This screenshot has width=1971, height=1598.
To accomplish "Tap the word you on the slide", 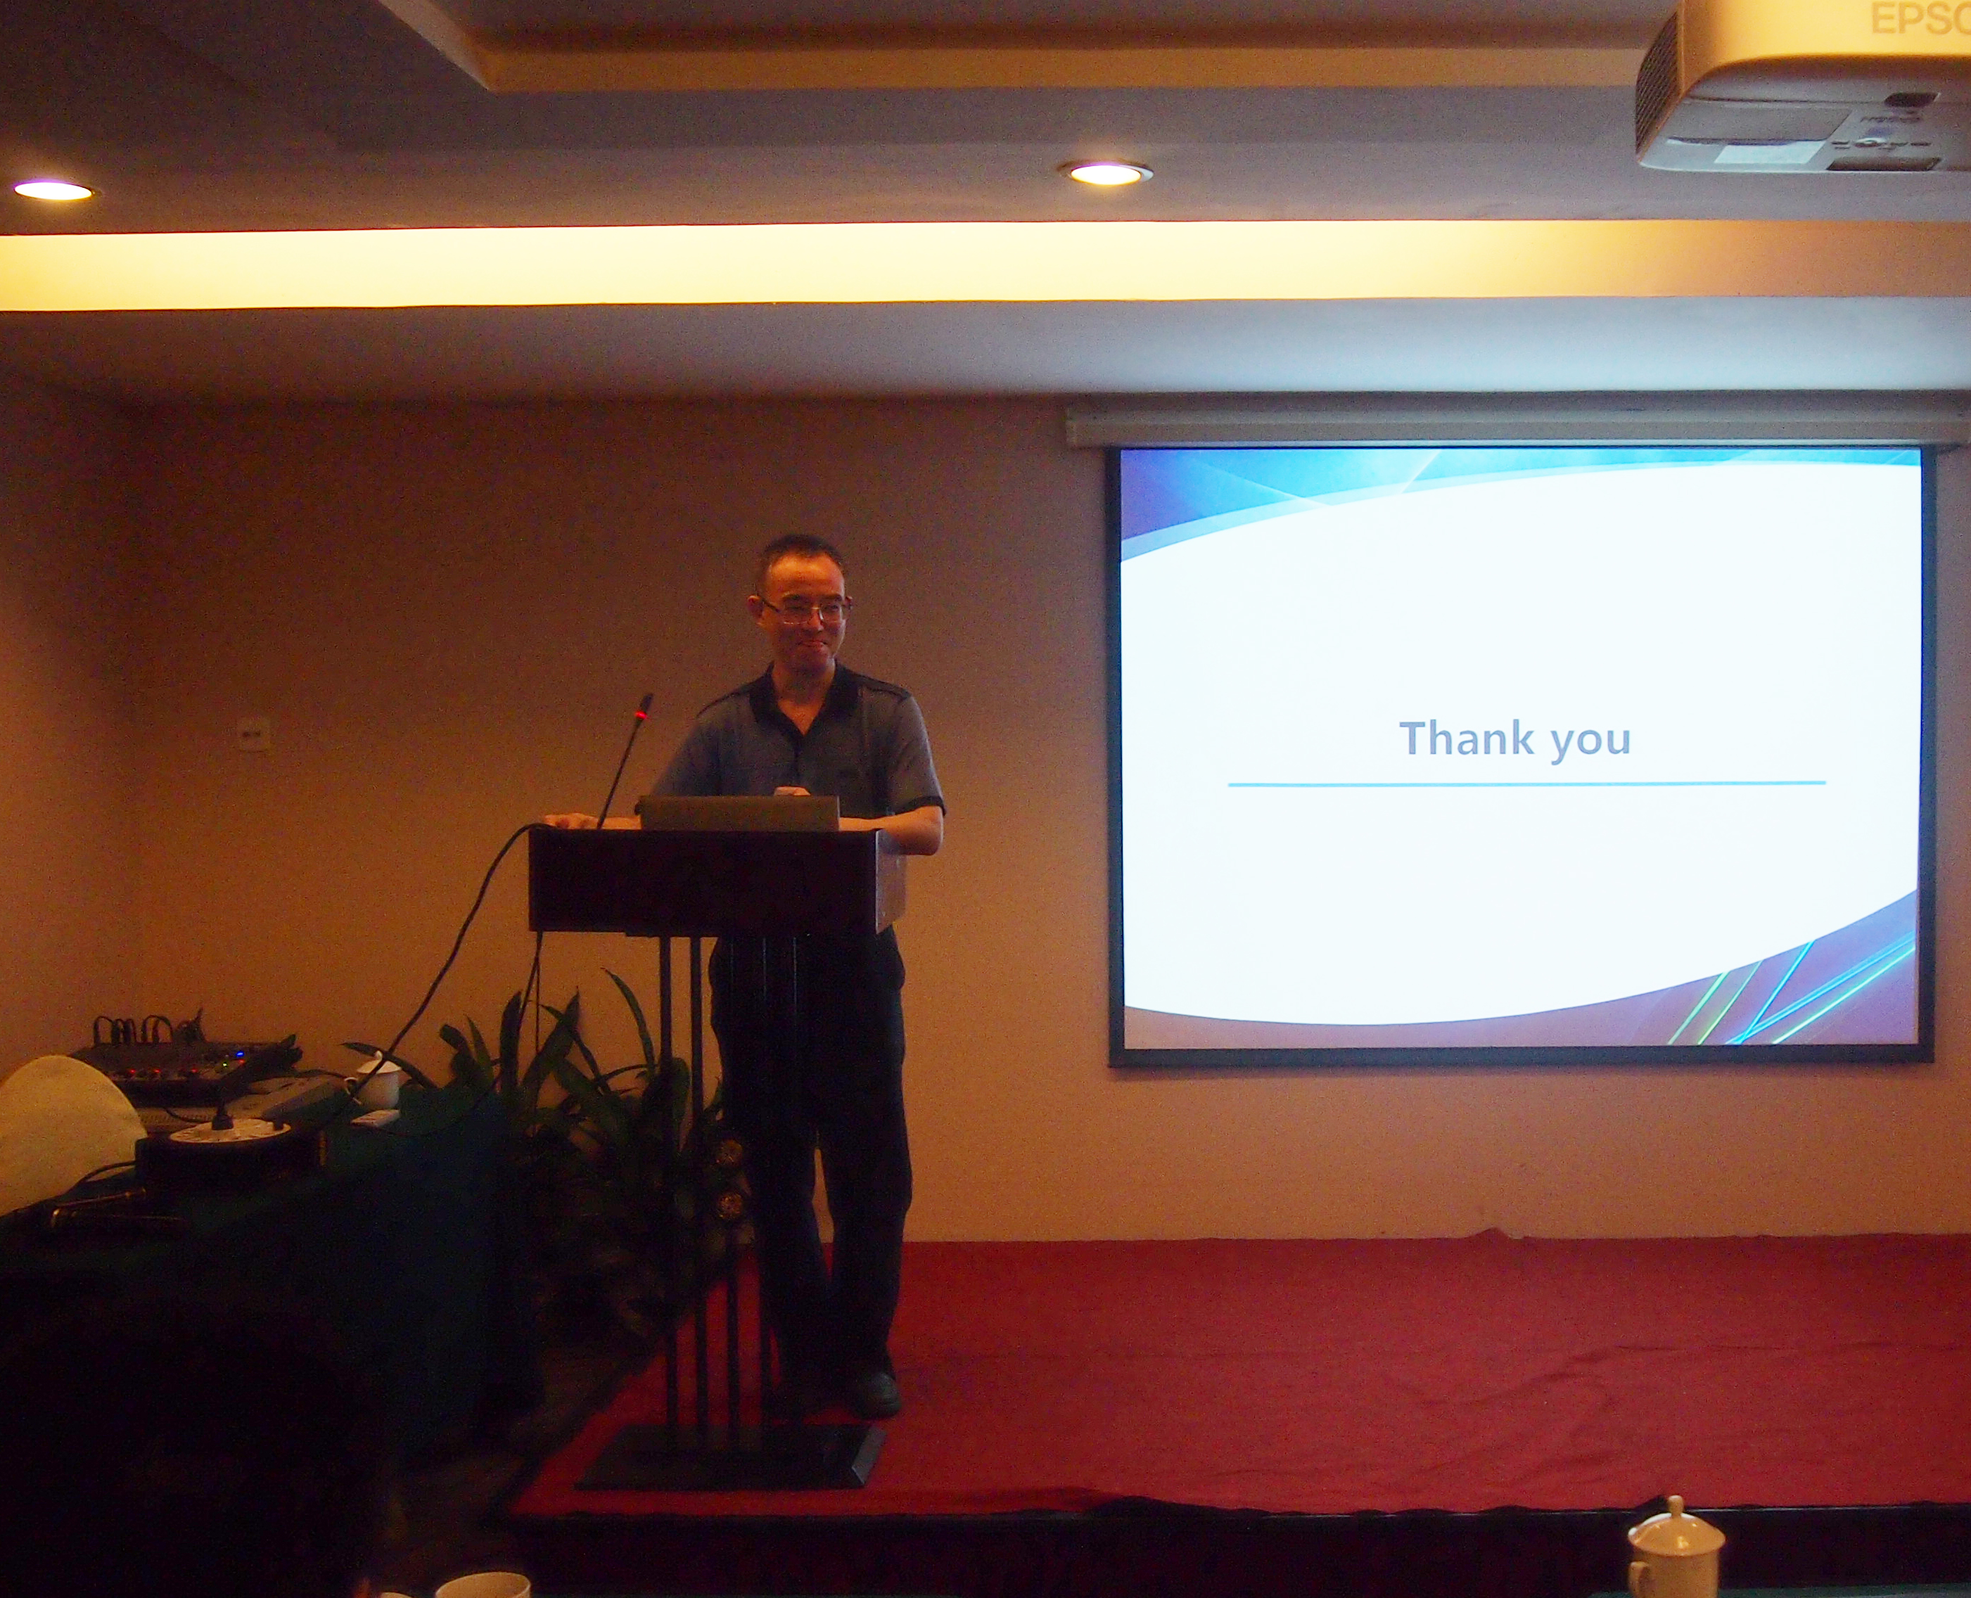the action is coord(1590,743).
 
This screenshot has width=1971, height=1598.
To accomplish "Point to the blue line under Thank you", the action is coord(1526,784).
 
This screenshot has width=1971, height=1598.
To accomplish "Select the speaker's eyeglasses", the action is coord(805,608).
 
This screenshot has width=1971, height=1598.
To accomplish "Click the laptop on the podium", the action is coord(739,813).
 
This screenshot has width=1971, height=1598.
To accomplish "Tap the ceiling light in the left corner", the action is coord(53,191).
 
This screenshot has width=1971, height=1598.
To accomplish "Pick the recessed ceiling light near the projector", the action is coord(1106,173).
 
